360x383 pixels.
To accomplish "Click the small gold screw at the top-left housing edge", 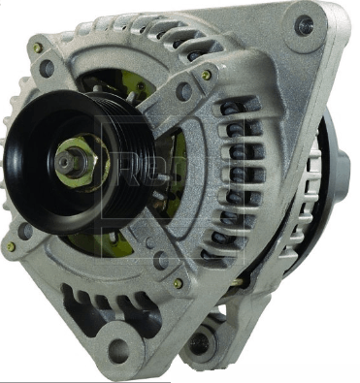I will (38, 48).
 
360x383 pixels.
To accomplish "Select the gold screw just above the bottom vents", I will (178, 283).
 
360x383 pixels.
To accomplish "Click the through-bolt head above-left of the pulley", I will (46, 69).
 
